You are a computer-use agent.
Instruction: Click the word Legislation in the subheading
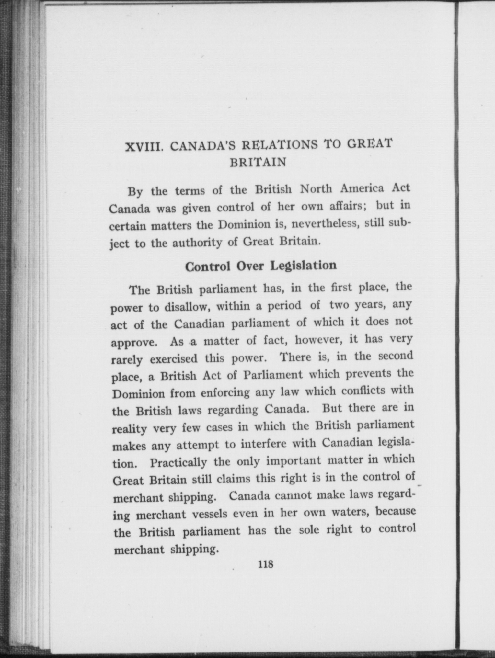[304, 266]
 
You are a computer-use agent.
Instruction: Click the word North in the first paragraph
[316, 189]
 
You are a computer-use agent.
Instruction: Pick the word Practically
[178, 462]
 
